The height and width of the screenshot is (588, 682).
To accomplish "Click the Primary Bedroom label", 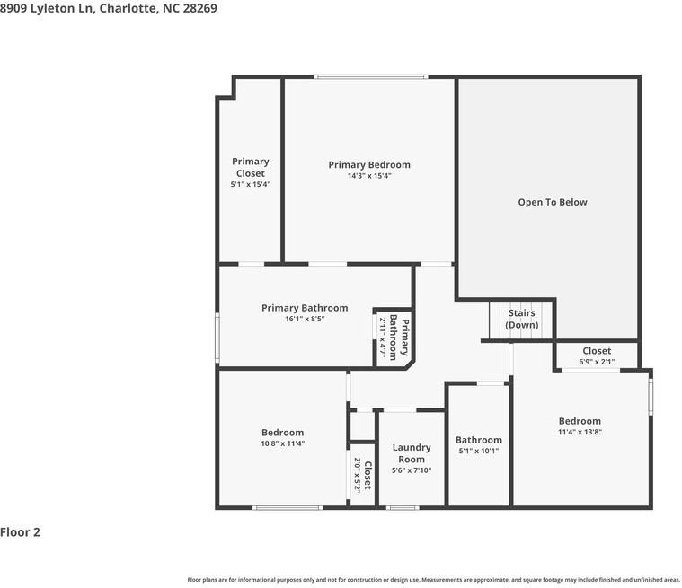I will coord(368,164).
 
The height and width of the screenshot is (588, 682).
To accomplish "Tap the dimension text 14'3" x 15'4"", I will coord(368,176).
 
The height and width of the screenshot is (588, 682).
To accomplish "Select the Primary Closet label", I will coord(250,167).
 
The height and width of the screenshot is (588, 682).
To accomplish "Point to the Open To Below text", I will coord(552,202).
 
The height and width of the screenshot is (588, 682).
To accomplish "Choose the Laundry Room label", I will coord(412,453).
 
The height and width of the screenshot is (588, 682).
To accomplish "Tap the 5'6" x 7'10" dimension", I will coord(412,470).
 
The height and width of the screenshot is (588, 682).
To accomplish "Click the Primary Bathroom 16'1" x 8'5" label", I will coord(304,308).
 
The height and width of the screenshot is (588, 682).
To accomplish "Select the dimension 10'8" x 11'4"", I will coord(282,443).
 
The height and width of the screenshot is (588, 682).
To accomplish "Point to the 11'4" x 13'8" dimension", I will coord(580,433).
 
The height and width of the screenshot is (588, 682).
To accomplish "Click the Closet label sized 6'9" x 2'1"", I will coord(597,351).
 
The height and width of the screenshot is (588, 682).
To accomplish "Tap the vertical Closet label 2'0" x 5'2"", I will coord(362,475).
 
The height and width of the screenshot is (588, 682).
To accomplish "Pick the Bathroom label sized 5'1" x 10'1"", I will coord(478,440).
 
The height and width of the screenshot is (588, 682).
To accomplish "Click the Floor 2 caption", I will coord(21,532).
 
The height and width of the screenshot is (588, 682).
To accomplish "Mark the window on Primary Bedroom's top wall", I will coord(370,77).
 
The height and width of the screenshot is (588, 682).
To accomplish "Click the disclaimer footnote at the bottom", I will coord(434,579).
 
